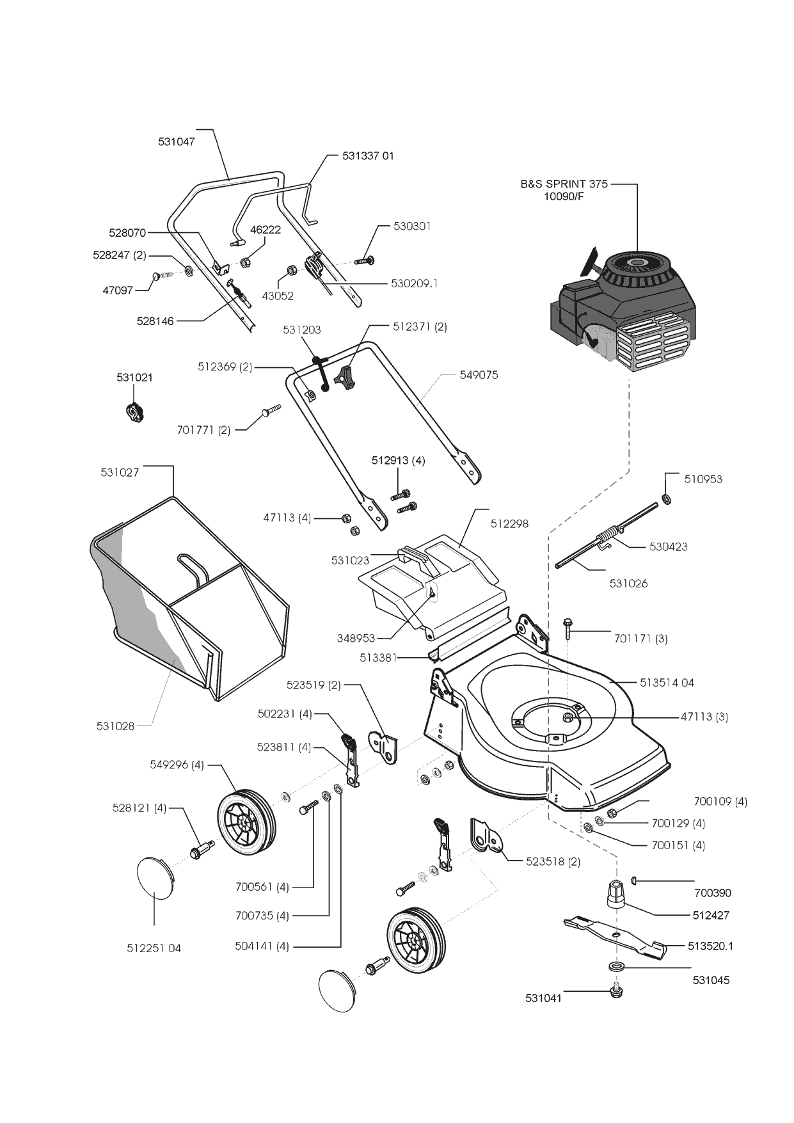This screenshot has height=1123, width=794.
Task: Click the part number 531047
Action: pyautogui.click(x=177, y=141)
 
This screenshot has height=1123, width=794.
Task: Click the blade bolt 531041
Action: pyautogui.click(x=616, y=992)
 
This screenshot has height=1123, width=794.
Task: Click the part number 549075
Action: pyautogui.click(x=479, y=375)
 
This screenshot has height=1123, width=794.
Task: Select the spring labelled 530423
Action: pyautogui.click(x=608, y=532)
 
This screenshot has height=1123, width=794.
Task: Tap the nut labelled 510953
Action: pyautogui.click(x=665, y=498)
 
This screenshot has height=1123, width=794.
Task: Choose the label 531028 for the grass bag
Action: pyautogui.click(x=115, y=726)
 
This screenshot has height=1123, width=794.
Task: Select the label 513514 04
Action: pyautogui.click(x=667, y=683)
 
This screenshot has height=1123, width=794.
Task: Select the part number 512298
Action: pyautogui.click(x=509, y=523)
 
